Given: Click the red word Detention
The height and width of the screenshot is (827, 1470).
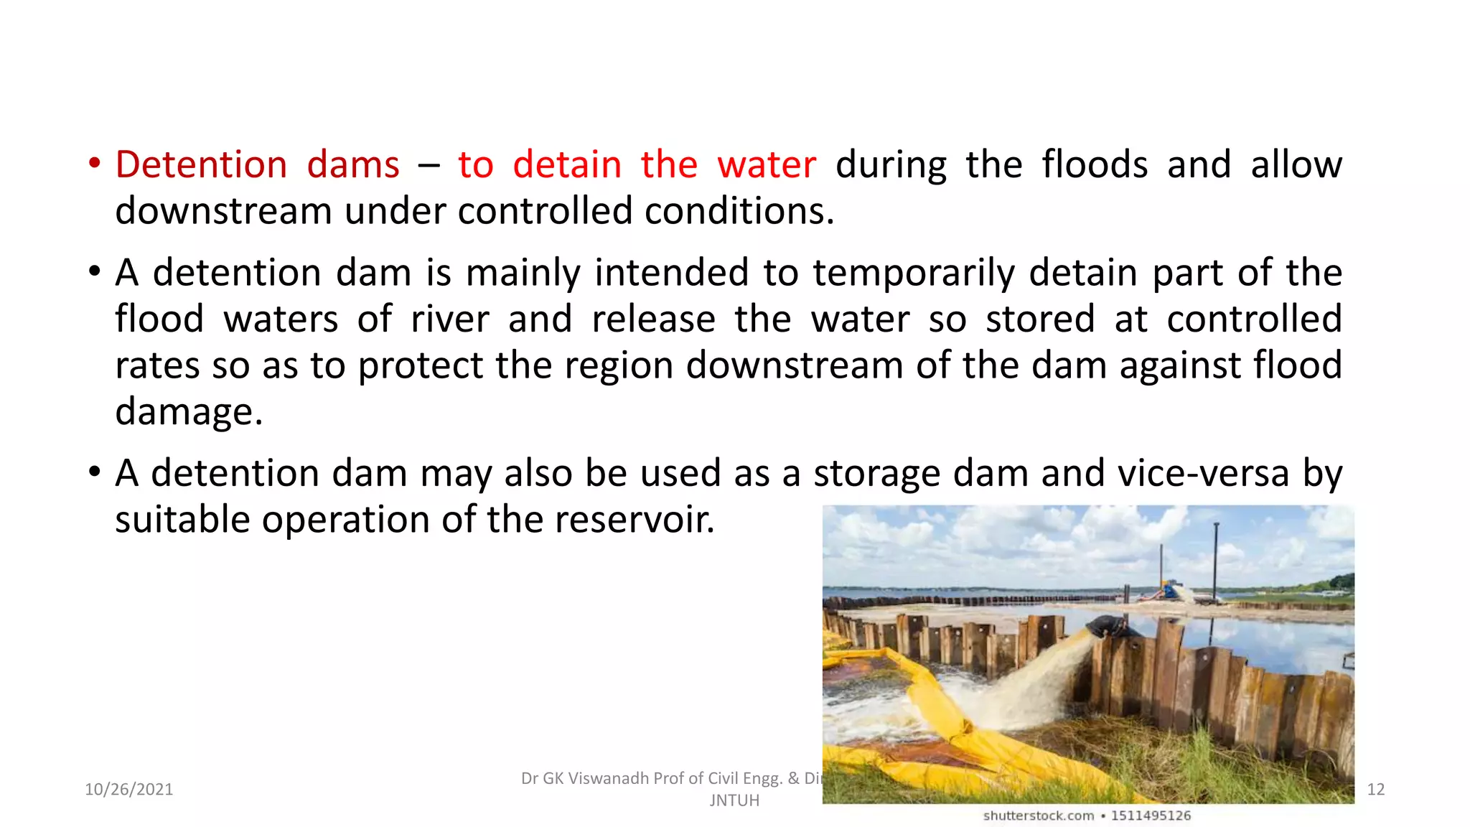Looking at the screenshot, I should coord(201,164).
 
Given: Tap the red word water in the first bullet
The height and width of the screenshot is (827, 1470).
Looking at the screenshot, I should coord(767,164).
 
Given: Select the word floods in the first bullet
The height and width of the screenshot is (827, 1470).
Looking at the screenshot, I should coord(1095,164).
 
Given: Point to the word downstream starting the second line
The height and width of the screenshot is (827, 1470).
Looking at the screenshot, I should coord(223,211).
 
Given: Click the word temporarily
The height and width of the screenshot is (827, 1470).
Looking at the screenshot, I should coord(914,273).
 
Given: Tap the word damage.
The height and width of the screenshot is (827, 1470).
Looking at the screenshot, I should coord(188,412).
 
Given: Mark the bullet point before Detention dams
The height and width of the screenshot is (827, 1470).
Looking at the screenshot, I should coord(94,163).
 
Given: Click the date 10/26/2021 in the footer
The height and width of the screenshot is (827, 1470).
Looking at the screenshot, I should coord(129,790).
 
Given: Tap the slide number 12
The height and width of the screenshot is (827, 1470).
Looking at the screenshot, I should coord(1375,790).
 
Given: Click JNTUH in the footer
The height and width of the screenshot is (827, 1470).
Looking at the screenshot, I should coord(734,800).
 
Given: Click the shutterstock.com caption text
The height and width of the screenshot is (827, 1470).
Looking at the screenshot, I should coord(1038,816).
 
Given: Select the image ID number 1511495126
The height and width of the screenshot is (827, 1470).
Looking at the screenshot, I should coord(1151,816).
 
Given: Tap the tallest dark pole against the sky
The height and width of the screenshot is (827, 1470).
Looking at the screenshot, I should coord(1216,560).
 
